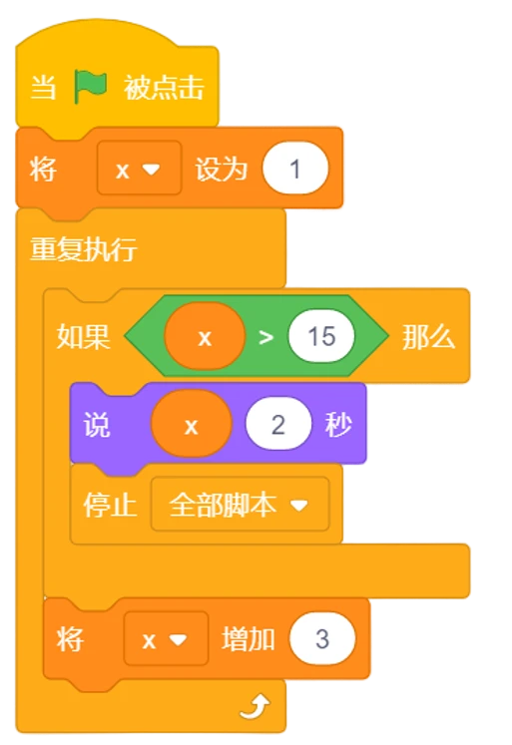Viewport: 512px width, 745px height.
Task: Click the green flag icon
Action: click(91, 86)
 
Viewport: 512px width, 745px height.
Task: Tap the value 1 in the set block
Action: click(295, 169)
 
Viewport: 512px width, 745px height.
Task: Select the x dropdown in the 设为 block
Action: click(139, 169)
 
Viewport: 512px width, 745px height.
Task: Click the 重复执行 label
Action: click(84, 248)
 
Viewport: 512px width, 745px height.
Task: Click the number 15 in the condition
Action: click(321, 336)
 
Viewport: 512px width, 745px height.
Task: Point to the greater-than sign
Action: click(265, 337)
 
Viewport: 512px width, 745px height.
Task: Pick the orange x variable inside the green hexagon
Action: click(205, 336)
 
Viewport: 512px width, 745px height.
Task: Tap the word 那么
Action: click(429, 337)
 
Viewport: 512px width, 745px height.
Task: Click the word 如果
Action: click(83, 337)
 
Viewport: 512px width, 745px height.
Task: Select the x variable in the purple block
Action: click(191, 424)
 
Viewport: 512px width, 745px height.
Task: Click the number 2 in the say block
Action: click(278, 424)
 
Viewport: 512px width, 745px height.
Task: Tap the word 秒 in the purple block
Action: click(338, 424)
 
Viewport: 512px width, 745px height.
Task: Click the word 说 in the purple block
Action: click(97, 424)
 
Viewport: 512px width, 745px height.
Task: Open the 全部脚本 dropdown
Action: click(241, 504)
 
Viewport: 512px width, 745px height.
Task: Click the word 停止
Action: click(111, 504)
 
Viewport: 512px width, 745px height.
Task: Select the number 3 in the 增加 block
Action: click(322, 638)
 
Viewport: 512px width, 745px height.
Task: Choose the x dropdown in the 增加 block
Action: click(166, 639)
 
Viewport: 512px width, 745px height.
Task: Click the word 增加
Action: click(249, 639)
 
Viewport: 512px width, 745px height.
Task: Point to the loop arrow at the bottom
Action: click(256, 706)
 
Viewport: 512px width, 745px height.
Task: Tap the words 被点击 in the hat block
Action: click(164, 88)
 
